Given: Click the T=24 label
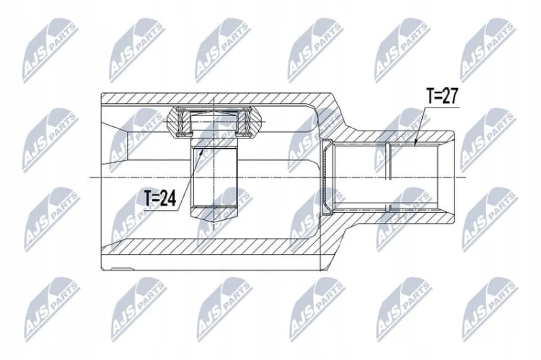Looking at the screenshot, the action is pos(159,198).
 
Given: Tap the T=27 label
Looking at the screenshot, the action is pos(442,96).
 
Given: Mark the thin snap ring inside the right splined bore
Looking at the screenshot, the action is pos(388,177).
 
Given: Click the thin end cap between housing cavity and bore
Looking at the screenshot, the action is pos(326,177).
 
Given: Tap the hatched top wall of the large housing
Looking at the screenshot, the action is pos(214,98).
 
